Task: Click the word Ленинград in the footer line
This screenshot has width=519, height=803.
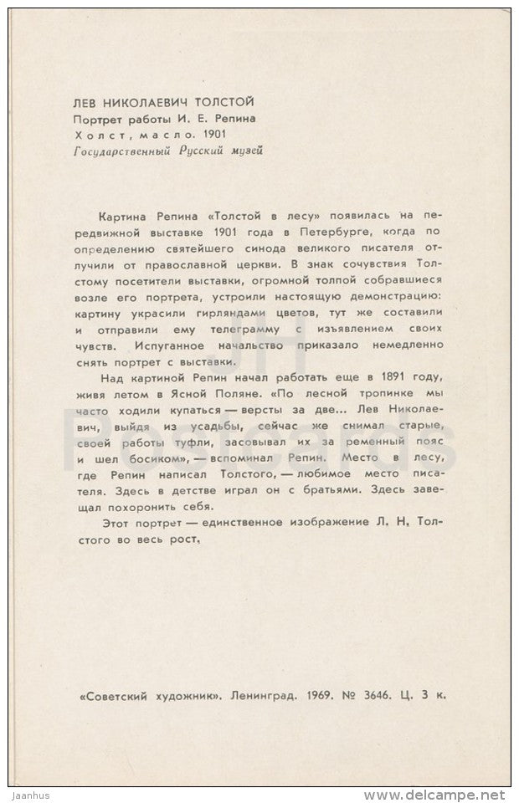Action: [x=257, y=695]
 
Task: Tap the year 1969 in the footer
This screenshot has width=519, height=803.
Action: [x=314, y=695]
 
